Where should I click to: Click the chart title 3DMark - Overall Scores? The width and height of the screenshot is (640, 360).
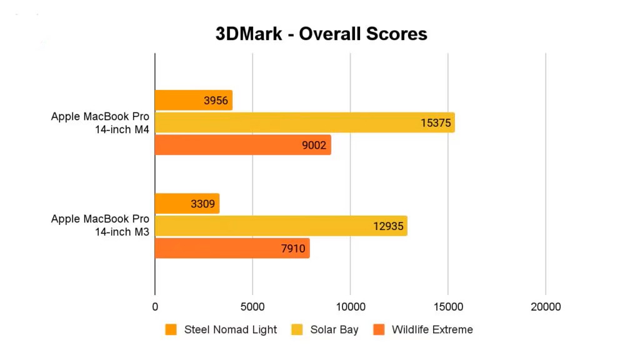point(321,33)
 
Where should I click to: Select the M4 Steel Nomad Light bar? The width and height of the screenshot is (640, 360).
point(193,100)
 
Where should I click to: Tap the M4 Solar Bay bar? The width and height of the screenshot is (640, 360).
point(304,122)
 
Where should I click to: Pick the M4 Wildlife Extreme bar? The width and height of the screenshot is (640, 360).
point(242,145)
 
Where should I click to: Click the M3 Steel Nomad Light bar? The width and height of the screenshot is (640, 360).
point(187,204)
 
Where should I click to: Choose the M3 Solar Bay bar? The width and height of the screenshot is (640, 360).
point(281,226)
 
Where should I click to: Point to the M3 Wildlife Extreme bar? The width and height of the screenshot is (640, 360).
point(232,249)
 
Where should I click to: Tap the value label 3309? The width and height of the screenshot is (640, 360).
point(202,204)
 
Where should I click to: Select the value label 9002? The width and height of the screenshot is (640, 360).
point(314,146)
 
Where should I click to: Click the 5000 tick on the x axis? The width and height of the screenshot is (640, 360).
point(252,307)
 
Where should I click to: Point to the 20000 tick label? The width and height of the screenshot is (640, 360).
point(546,307)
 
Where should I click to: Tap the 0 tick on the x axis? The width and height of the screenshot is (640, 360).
point(155,307)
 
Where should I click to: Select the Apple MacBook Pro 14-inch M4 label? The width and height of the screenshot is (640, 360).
point(100,122)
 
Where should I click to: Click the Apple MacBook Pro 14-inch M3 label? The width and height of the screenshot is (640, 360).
point(100,225)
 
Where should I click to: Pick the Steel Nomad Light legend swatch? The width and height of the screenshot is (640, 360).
point(171,329)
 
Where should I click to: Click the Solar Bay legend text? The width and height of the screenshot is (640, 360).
point(334,329)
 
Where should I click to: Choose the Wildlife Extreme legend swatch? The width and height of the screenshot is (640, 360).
point(378,329)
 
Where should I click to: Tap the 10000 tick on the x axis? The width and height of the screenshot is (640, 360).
point(350,307)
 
